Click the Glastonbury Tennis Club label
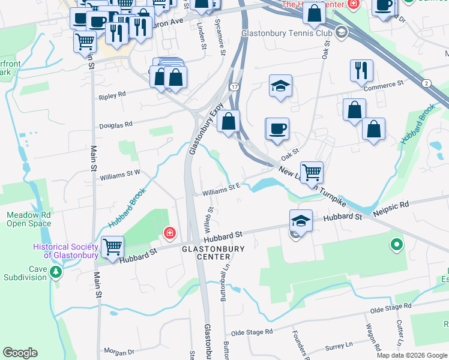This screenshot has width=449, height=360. pos(287,31)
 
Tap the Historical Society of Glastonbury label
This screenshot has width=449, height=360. pos(65,251)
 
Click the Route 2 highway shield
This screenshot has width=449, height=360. pos(426,82)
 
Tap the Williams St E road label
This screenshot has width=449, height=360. pos(221,192)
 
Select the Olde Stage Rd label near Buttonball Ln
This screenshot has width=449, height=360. pos(252,332)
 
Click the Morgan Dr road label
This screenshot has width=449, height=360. pos(118,351)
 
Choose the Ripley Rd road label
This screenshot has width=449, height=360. pos(112,95)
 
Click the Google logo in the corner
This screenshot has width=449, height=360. pos(20,353)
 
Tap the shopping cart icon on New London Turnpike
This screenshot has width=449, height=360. pos(312,172)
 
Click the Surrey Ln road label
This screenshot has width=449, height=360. pos(340,346)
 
